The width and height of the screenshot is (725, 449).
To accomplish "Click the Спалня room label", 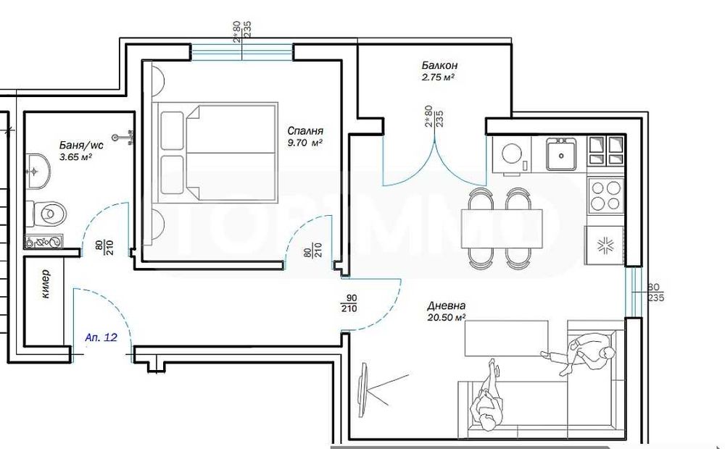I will pos(304,131).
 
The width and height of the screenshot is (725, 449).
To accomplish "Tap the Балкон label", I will pos(439,64).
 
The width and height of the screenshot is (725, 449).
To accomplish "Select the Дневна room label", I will pos(447,306).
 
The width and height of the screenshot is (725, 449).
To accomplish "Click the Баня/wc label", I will pos(81,144).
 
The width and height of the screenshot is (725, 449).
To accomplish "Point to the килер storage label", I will pos(45,284).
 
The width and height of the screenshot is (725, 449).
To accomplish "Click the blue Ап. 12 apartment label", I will pos(101,337).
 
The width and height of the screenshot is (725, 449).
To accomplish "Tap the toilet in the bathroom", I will pos(49,212).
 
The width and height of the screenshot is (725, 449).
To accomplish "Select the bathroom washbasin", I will pos(36,171).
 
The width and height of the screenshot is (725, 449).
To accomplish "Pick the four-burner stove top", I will pos(605,195).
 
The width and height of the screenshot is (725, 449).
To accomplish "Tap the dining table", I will pos(502,227).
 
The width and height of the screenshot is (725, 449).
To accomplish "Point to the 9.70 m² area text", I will pos(304,143).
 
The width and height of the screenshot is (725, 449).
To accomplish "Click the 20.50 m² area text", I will pos(446,317).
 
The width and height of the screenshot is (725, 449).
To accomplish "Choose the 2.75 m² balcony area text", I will pos(439,76).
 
